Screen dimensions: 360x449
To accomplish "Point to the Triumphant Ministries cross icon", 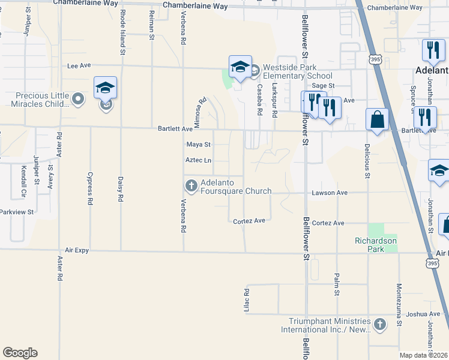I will tap(379, 325).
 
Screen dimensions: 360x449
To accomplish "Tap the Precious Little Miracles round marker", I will tap(77, 98).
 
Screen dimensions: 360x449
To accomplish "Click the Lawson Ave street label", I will tap(330, 193).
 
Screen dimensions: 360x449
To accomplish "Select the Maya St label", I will tap(198, 145).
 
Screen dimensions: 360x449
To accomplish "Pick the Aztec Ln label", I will tap(199, 160).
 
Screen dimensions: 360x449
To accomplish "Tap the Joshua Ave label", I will tap(423, 313).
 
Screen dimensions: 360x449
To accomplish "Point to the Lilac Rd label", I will tap(246, 299).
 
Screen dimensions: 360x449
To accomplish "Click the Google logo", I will tap(20, 353).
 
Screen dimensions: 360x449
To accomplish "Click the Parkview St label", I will tap(16, 212).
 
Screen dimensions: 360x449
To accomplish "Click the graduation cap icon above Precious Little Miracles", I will tap(105, 88).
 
